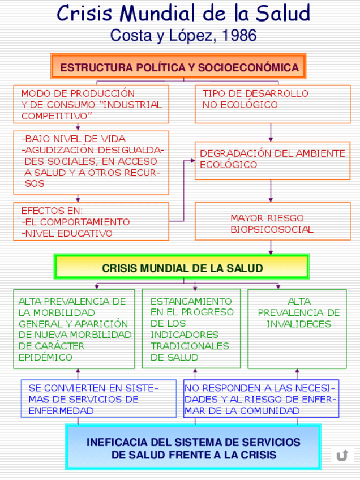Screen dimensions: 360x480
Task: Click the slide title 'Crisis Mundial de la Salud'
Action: (183, 13)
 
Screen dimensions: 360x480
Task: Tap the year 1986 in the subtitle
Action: (239, 36)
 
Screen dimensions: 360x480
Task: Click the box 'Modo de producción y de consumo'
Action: (91, 104)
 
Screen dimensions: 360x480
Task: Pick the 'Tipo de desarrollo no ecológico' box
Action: (272, 104)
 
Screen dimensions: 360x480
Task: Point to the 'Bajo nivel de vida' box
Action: (91, 162)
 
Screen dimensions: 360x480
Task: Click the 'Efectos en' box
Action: (91, 221)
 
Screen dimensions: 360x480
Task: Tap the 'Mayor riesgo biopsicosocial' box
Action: (272, 222)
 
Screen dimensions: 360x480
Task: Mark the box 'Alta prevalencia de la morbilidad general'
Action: (74, 329)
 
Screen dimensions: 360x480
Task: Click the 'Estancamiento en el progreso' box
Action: (191, 329)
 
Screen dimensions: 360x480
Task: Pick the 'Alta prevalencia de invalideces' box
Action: (297, 329)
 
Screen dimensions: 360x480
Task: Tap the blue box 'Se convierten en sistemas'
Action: (99, 399)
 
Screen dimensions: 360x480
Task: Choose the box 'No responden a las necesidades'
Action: (261, 399)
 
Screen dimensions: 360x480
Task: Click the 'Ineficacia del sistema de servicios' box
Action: (193, 448)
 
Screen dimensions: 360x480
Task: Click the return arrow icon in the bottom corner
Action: (342, 456)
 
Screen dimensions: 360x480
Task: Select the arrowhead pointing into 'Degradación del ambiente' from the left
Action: (192, 160)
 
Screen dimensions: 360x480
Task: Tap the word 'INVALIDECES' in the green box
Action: (299, 324)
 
